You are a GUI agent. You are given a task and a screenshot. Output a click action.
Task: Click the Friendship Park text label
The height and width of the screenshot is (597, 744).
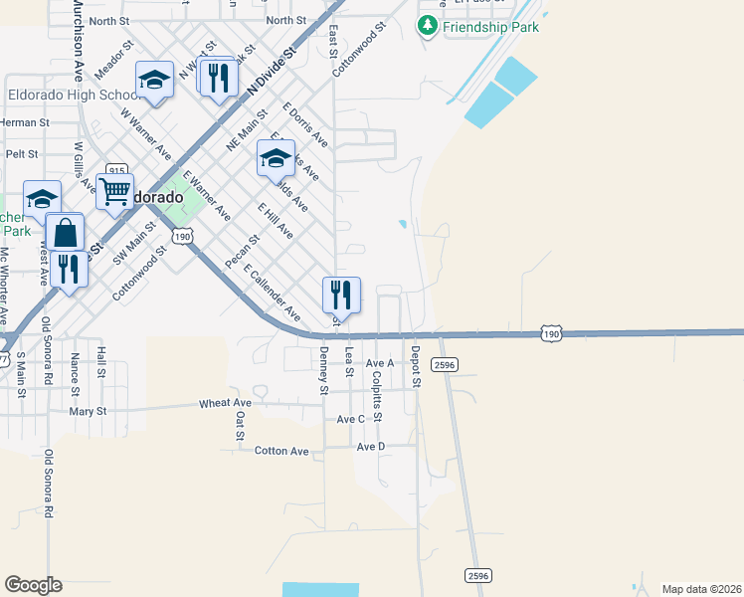491,27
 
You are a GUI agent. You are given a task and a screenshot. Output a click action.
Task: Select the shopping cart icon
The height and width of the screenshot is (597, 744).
115,190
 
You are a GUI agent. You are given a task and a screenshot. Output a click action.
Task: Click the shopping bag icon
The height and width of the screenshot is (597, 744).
65,234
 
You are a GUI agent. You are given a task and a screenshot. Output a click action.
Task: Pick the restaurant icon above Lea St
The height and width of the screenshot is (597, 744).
340,294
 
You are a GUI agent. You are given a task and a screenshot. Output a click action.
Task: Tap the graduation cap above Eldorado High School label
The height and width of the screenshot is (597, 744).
154,79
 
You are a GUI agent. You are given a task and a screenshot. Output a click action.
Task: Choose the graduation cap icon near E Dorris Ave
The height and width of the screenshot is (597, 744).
277,157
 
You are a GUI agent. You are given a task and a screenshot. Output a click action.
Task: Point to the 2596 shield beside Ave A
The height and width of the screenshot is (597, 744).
445,365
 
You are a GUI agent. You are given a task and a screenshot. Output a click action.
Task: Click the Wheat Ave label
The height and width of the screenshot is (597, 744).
226,403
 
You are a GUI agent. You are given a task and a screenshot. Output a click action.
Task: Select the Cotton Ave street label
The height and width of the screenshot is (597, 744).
282,451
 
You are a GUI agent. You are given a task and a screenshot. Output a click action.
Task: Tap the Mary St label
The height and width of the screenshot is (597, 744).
88,410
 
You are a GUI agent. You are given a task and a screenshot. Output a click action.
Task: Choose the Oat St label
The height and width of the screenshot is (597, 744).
240,426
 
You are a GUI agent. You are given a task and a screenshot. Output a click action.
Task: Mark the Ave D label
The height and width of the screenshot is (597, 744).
370,447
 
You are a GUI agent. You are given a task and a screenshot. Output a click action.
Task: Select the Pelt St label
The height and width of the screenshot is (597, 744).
22,154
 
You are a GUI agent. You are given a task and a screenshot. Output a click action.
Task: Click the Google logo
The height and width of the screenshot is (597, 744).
33,584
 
